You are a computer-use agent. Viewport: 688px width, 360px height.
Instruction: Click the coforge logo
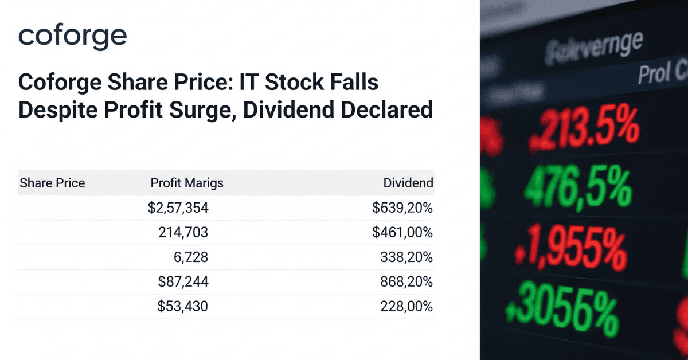[x=72, y=37]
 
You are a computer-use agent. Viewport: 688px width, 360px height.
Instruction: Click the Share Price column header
[x=52, y=183]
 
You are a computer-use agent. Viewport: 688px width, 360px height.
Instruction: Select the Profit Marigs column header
[x=187, y=183]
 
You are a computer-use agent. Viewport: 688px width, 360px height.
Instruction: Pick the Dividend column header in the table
[x=408, y=183]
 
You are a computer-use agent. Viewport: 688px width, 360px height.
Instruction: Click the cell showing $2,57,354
[x=178, y=208]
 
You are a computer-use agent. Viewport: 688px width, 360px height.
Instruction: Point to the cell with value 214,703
[x=183, y=233]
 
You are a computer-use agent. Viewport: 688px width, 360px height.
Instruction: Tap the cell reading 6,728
[x=191, y=257]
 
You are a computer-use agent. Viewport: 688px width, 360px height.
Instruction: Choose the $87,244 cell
[x=182, y=282]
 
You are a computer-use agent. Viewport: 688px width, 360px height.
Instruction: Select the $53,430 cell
[x=182, y=307]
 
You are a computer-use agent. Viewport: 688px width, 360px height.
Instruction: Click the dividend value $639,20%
[x=402, y=208]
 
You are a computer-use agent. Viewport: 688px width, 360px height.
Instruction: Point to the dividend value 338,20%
[x=406, y=257]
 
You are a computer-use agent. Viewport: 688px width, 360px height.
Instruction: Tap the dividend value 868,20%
[x=406, y=282]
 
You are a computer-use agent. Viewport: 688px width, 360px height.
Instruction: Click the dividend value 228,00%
[x=406, y=307]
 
